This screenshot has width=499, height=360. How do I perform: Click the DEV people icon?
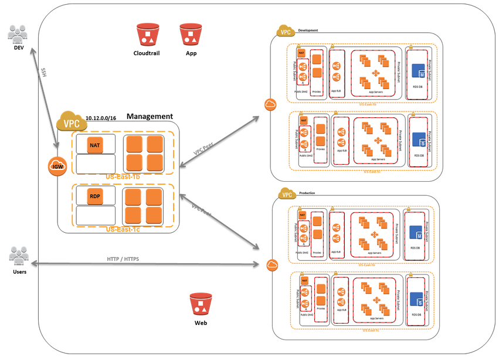[18, 35]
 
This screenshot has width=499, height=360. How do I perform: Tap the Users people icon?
[19, 256]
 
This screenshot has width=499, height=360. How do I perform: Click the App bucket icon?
[191, 35]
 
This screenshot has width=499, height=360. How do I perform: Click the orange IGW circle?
[58, 166]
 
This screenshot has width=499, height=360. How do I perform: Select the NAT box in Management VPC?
[96, 144]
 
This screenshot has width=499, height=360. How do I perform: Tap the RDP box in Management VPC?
[96, 197]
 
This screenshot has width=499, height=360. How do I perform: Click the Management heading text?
[150, 117]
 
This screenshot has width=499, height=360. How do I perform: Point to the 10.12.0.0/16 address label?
[101, 118]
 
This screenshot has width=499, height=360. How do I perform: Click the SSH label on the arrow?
[44, 73]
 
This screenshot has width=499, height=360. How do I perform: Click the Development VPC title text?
[308, 30]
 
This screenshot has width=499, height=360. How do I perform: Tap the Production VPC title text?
[307, 192]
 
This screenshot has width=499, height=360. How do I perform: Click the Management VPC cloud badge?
[70, 121]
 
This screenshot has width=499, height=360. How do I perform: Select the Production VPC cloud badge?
[286, 194]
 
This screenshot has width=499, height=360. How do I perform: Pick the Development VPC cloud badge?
[286, 32]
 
